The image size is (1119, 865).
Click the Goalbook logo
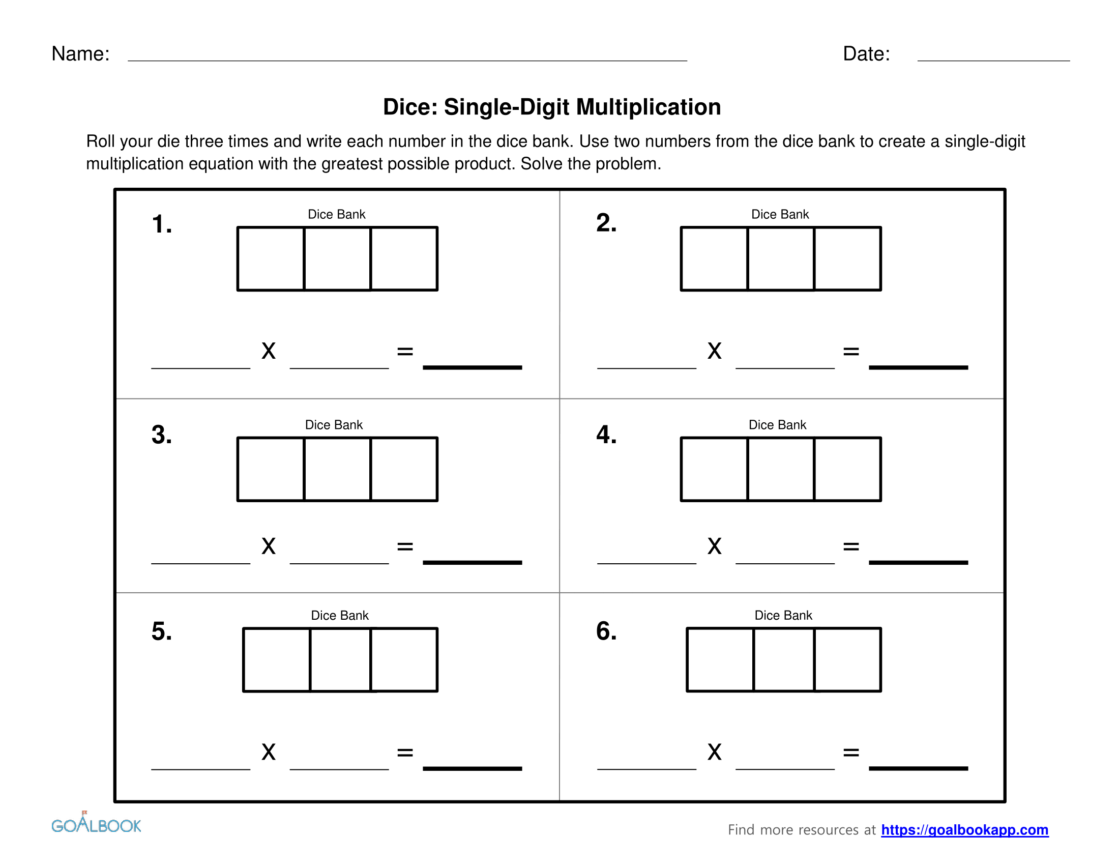[x=96, y=824]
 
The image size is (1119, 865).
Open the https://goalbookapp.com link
[x=964, y=829]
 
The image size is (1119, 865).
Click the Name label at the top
[x=80, y=54]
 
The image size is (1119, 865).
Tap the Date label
[x=866, y=54]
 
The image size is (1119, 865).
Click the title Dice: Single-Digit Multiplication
[x=552, y=107]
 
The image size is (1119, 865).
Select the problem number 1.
[x=161, y=224]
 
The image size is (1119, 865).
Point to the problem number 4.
[x=606, y=435]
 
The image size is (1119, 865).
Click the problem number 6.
[x=606, y=631]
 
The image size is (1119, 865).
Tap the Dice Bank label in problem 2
[x=779, y=214]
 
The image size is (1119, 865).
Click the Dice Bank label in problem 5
[x=339, y=615]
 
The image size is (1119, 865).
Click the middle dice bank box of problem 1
[x=337, y=259]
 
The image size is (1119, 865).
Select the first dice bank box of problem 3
[x=271, y=469]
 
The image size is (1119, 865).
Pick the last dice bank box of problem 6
[x=847, y=659]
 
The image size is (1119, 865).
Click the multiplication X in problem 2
[x=714, y=351]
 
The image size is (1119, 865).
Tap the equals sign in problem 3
[x=405, y=547]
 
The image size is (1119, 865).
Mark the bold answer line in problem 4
[x=918, y=562]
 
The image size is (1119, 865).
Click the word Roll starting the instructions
[x=101, y=141]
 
